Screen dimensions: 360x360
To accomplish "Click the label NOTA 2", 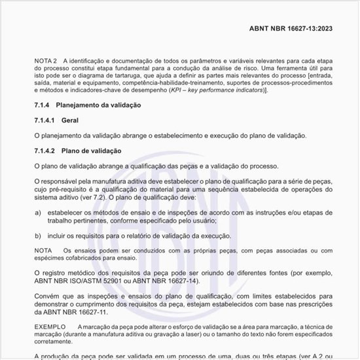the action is pos(46,61).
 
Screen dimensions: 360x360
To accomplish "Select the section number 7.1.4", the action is pos(43,105).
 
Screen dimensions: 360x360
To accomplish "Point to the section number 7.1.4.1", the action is pos(45,120).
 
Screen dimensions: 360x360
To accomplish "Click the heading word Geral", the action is pos(70,120).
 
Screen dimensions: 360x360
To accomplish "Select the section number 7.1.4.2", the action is pos(45,151).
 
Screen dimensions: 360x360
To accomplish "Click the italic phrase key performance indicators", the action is pos(223,89).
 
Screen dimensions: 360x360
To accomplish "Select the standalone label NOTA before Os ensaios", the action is pos(43,250).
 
